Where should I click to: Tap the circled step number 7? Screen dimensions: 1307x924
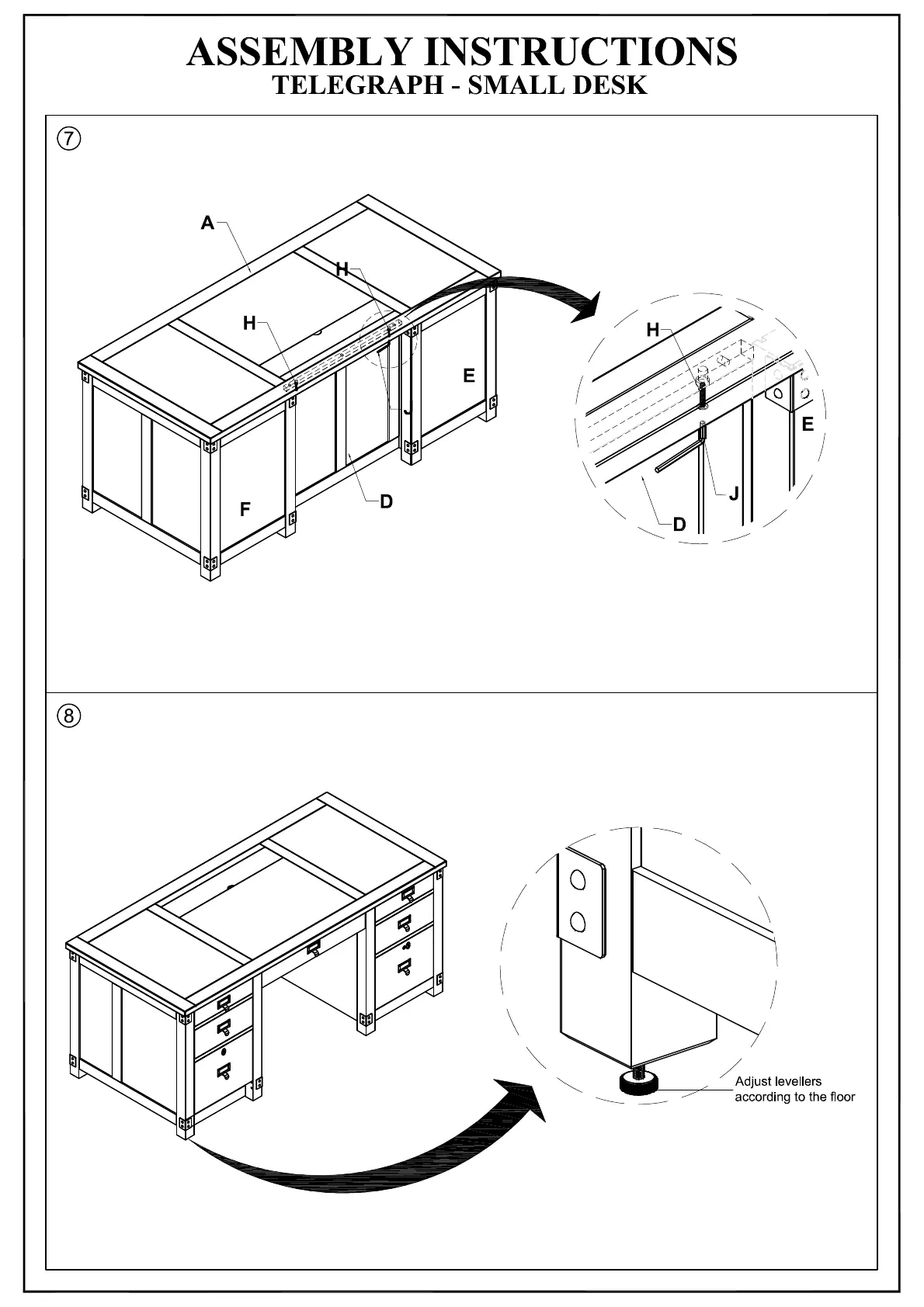68,139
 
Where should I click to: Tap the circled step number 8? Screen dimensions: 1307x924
68,715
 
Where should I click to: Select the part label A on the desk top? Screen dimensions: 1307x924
207,224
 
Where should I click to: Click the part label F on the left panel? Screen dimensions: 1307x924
245,510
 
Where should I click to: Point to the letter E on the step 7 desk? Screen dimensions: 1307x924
469,376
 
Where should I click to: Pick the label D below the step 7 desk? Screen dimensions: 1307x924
386,501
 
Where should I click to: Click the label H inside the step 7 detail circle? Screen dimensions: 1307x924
653,330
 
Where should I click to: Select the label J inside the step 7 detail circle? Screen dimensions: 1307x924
733,494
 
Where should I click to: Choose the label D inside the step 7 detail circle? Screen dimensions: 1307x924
679,525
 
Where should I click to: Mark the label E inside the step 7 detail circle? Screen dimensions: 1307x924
808,425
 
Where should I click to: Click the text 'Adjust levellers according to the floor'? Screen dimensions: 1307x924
794,1089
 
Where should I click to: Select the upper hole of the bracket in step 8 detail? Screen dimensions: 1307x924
578,879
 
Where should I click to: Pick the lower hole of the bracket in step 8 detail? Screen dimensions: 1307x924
578,921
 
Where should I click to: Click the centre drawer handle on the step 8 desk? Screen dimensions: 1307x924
314,948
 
